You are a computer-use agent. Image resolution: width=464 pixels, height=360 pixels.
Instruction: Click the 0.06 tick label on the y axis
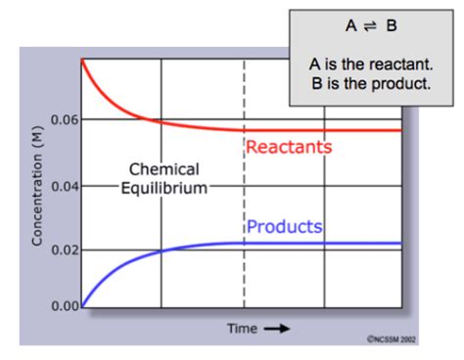pos(63,120)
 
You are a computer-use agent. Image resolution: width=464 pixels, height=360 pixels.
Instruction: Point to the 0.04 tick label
pos(63,185)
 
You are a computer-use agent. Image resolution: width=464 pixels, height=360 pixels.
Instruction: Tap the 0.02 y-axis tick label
pos(63,250)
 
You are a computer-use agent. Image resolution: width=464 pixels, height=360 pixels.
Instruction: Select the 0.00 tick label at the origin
pos(63,307)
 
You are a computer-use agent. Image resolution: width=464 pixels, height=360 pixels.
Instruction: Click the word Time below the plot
pos(243,328)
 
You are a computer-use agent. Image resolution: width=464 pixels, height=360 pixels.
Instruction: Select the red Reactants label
pos(289,148)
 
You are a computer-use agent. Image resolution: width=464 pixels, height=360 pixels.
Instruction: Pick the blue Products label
pos(284,227)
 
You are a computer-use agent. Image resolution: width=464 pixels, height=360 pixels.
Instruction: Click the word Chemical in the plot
pos(163,169)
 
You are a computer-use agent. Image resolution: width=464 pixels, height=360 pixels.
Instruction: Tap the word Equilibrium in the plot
pos(163,187)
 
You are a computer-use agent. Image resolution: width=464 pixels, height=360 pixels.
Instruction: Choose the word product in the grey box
pos(401,81)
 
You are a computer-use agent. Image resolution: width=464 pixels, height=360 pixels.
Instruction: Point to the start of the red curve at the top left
pos(82,62)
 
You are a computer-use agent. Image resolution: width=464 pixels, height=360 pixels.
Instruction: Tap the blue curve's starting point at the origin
pos(82,307)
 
